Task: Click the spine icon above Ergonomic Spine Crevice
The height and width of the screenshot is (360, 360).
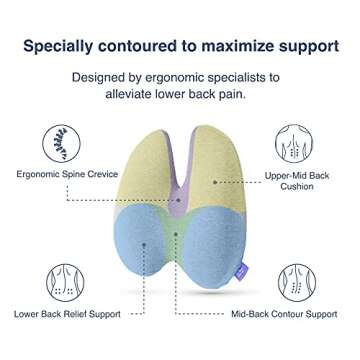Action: point(61,143)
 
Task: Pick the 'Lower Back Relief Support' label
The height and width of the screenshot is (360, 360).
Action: point(66,314)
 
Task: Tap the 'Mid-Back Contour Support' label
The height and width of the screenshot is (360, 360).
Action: point(284,314)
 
